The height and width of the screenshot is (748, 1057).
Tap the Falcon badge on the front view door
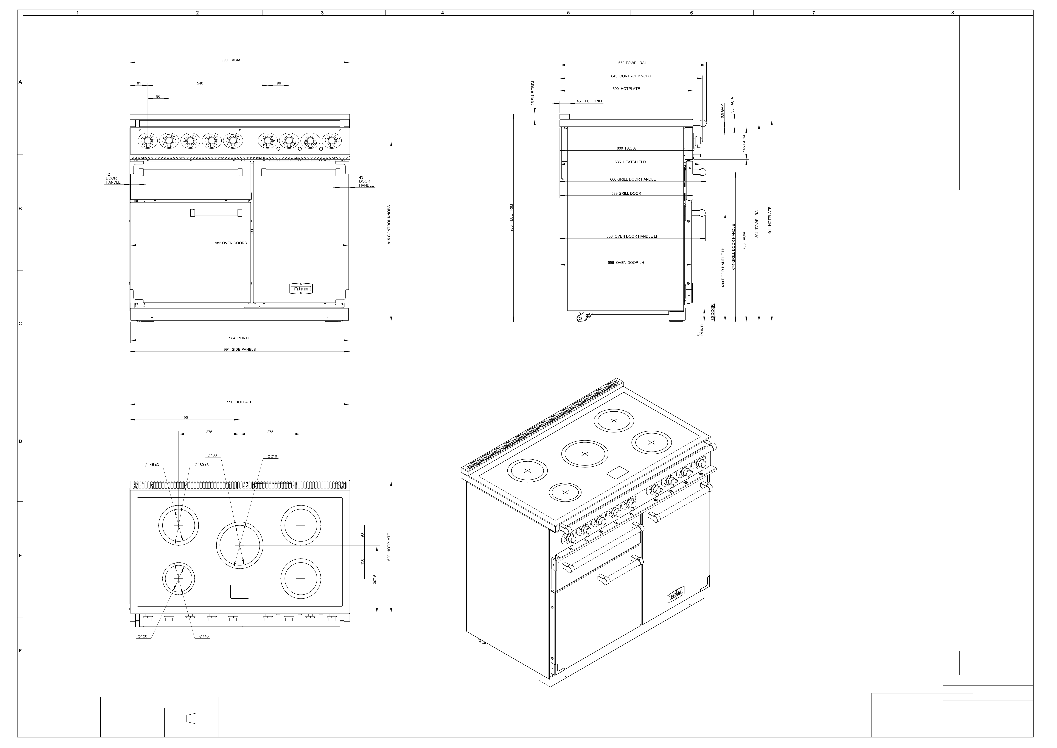click(x=301, y=289)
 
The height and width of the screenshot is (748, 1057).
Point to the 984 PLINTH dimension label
click(x=240, y=338)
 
